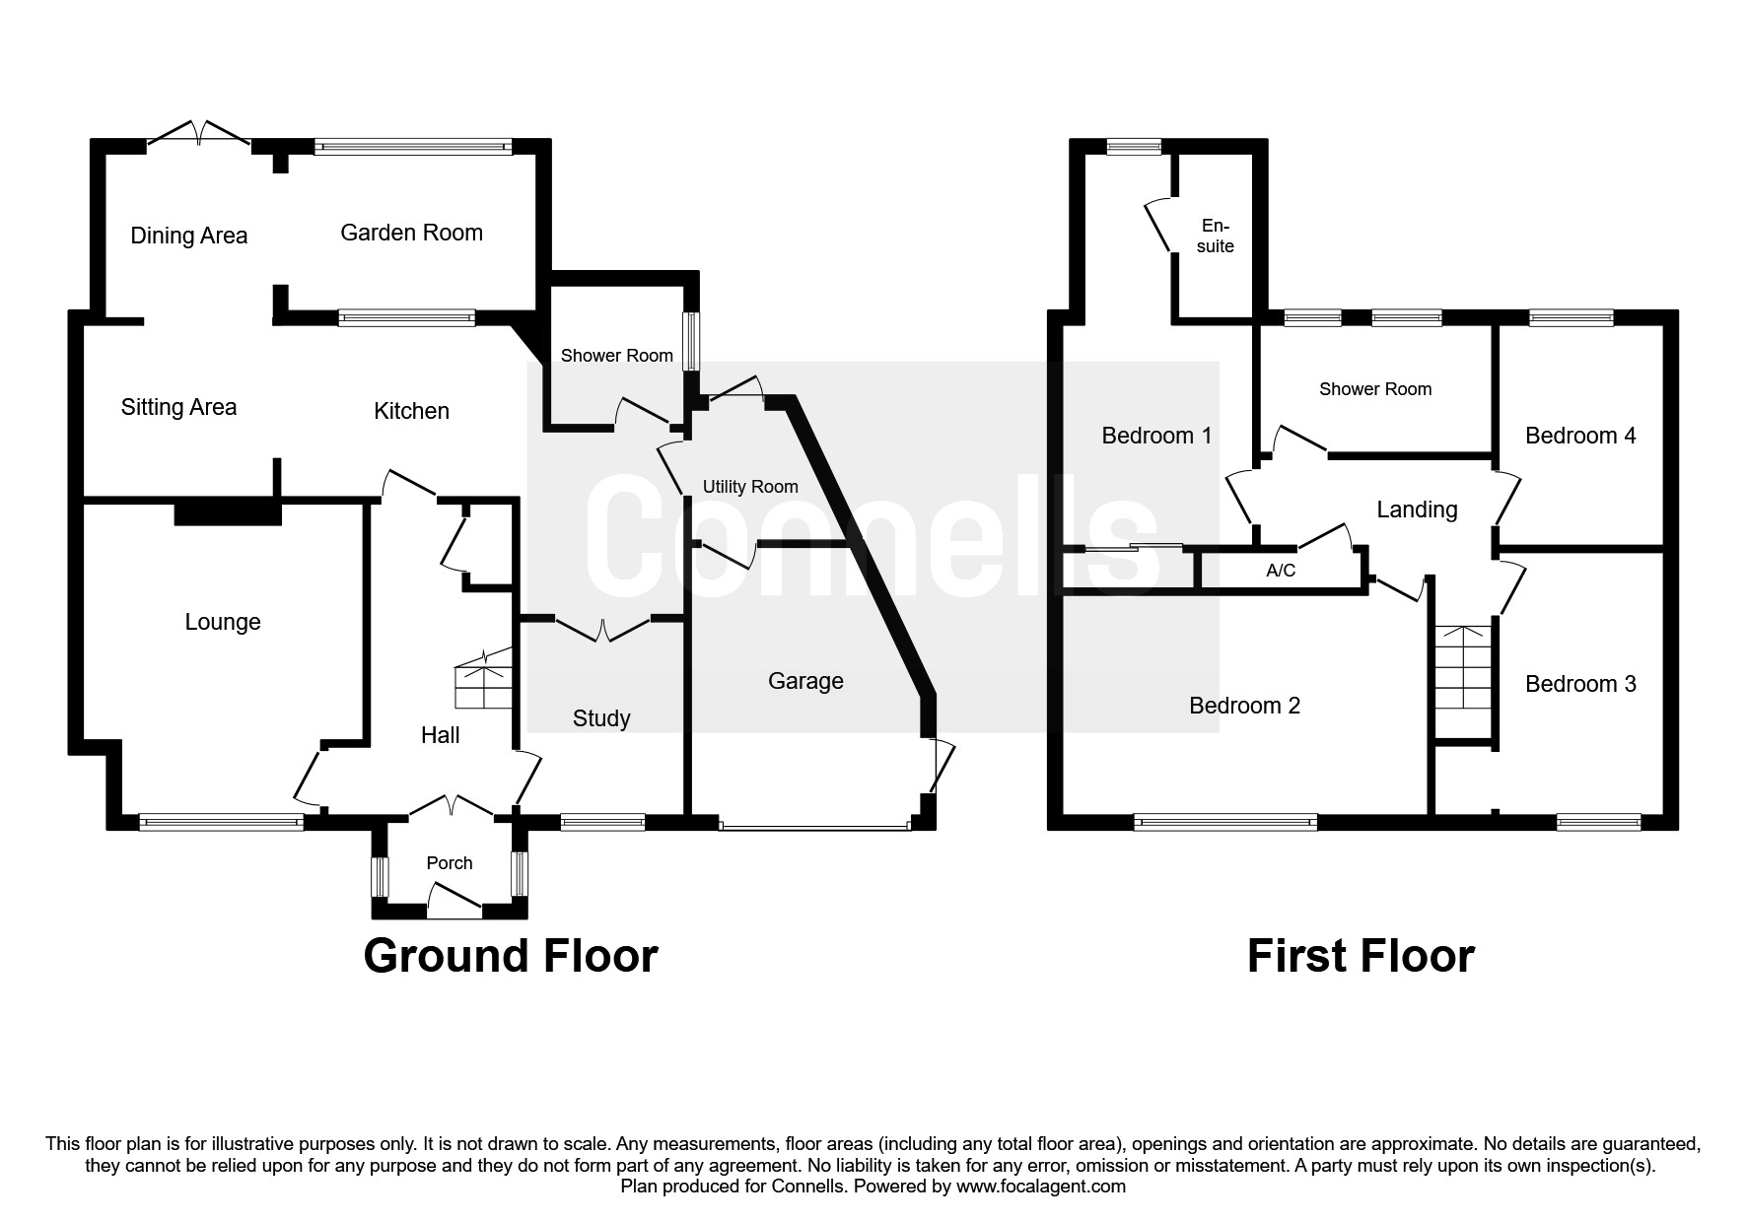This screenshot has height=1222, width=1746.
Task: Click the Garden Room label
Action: tap(411, 233)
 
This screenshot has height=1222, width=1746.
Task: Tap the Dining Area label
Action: tap(189, 236)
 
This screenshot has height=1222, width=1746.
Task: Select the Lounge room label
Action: tap(223, 622)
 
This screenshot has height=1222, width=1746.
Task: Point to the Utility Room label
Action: tap(750, 487)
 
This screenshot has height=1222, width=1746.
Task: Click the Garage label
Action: tap(805, 681)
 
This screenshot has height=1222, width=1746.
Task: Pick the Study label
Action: tap(601, 718)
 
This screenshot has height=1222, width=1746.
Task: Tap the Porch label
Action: tap(450, 863)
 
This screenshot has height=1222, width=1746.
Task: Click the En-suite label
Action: tap(1216, 236)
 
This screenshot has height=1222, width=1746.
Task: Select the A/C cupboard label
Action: tap(1281, 571)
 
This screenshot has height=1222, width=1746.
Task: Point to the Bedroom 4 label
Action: tap(1580, 436)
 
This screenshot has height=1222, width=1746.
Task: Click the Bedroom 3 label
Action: tap(1580, 684)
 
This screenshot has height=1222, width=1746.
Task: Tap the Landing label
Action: tap(1417, 509)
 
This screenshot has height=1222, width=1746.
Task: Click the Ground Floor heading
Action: tap(511, 956)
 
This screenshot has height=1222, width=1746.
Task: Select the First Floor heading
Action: tap(1361, 956)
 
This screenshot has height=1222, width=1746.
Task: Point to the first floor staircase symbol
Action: tap(1464, 680)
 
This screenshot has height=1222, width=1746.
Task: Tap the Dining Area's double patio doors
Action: tap(198, 134)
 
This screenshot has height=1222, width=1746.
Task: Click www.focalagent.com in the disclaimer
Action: tap(1041, 1187)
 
